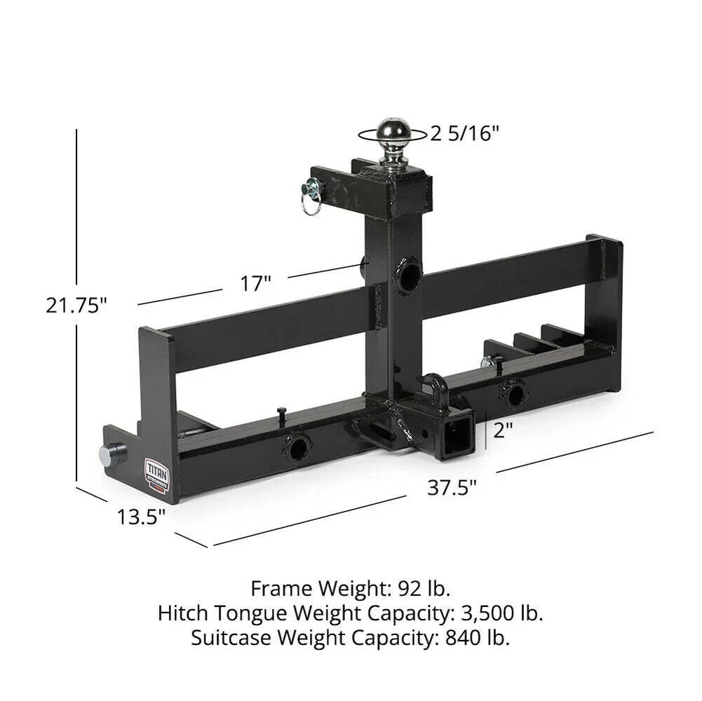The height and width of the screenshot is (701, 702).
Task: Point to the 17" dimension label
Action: tap(255, 284)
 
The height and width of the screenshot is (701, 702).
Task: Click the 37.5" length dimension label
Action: tap(452, 486)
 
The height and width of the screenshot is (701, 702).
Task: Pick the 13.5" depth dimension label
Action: tap(141, 517)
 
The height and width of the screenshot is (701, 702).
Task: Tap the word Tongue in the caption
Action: tap(253, 613)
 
